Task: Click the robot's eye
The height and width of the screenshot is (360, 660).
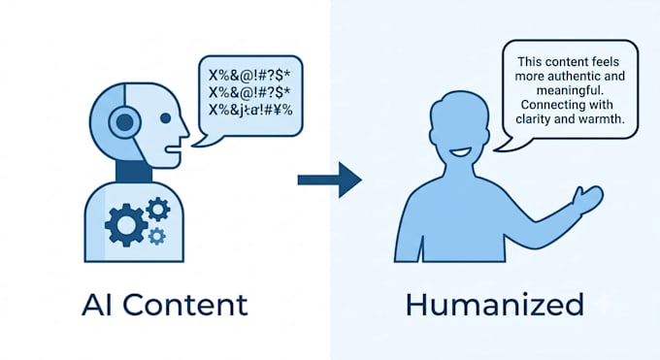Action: [165, 118]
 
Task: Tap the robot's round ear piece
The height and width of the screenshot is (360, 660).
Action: [124, 122]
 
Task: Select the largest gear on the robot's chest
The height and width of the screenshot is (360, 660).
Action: [126, 225]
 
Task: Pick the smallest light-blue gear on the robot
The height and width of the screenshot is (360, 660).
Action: [157, 236]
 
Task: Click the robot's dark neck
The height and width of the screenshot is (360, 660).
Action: [133, 172]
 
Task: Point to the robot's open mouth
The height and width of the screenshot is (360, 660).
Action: [174, 148]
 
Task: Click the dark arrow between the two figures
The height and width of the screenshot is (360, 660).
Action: [330, 180]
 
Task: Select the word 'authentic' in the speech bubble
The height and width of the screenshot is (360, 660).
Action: [579, 77]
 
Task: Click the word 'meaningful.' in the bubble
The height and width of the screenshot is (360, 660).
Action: [568, 90]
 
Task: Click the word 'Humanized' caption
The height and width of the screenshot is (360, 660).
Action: [495, 305]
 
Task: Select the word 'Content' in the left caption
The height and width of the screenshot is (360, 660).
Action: [185, 305]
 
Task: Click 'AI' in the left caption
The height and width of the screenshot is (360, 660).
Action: [97, 305]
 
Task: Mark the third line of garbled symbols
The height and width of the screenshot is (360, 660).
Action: [250, 110]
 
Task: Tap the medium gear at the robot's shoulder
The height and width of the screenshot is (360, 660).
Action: [158, 210]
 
